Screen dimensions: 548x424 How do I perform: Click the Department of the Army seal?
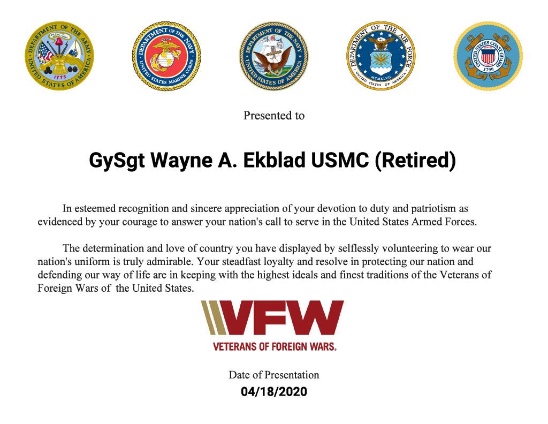coord(59,56)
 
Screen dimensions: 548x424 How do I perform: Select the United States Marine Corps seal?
coord(167,56)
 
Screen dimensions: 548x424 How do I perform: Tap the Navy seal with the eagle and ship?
coord(273,56)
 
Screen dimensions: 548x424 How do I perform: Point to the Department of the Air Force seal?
coord(381,56)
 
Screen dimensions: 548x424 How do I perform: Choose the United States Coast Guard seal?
coord(488,56)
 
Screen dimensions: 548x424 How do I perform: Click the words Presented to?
coord(274,116)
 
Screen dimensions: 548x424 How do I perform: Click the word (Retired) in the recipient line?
coord(415,161)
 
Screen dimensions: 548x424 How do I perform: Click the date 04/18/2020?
coord(274,391)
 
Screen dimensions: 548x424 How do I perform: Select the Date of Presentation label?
coord(274,375)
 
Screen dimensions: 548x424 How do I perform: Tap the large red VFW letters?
coord(283,317)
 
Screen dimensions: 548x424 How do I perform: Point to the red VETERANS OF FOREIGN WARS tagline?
coord(275,346)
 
